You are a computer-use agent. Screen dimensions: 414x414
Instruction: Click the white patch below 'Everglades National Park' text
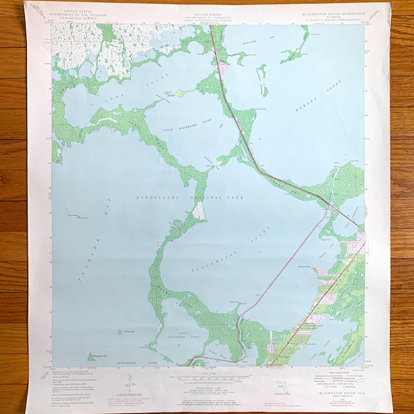[x=198, y=212]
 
